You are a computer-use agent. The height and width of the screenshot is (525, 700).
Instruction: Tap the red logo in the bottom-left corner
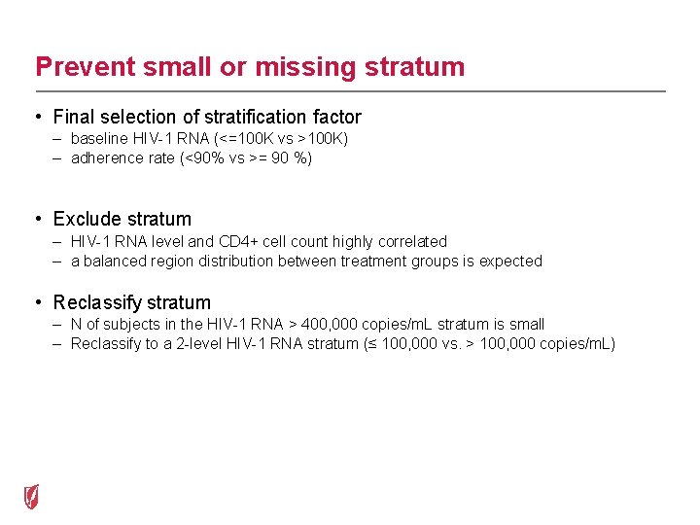(32, 496)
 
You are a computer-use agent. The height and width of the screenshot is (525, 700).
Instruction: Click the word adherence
(108, 157)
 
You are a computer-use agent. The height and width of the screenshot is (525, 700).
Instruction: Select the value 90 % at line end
(294, 157)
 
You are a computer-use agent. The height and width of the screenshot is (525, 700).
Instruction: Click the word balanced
(112, 261)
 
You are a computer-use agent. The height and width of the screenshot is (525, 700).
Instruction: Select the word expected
(512, 261)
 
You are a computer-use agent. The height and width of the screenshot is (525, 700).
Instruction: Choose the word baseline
(99, 139)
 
